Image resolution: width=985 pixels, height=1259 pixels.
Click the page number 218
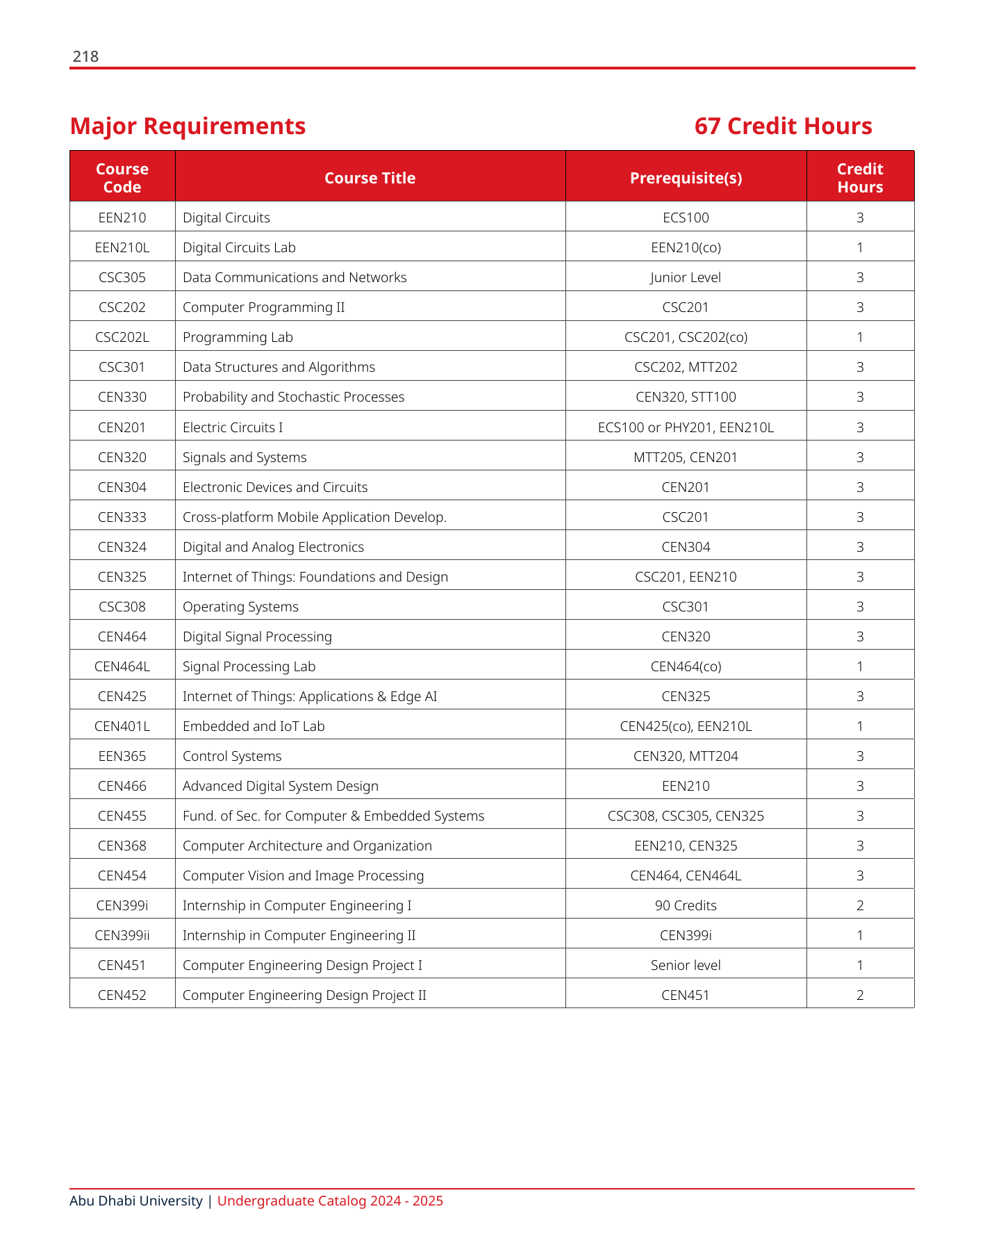click(85, 57)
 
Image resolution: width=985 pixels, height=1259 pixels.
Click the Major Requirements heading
click(188, 126)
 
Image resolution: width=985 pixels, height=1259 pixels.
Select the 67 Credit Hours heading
click(783, 126)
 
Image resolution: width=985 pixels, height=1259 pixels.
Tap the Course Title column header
click(370, 178)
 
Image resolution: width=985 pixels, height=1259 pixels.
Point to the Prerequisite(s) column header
click(686, 178)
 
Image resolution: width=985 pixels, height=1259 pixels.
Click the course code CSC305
click(122, 277)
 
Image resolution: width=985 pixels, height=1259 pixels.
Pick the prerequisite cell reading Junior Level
click(686, 277)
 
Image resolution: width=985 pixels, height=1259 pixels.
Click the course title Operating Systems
click(240, 607)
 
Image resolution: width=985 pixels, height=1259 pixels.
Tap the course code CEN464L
click(122, 666)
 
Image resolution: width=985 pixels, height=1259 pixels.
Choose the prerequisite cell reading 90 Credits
click(686, 905)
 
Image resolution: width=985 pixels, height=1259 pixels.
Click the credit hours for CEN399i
click(860, 905)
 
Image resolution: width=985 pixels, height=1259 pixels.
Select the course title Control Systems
click(232, 756)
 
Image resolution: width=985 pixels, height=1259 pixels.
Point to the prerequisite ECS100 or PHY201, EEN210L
click(686, 427)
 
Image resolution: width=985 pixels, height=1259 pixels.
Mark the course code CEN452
click(122, 995)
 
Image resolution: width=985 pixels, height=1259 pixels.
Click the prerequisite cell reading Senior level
click(686, 965)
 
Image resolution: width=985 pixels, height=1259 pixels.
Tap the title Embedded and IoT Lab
click(254, 726)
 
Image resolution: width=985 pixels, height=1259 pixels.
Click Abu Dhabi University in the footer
click(136, 1201)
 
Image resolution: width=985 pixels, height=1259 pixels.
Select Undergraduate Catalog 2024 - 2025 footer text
click(330, 1201)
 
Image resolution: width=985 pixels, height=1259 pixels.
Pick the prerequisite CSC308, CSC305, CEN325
click(686, 816)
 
